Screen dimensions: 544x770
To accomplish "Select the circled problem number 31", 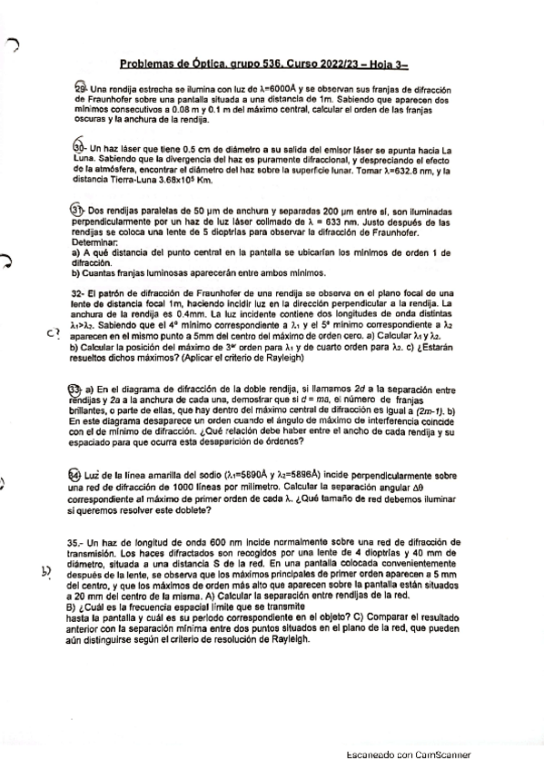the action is click(77, 210).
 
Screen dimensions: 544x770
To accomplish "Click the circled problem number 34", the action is click(75, 473).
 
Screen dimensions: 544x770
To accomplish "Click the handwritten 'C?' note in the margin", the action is click(52, 332).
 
